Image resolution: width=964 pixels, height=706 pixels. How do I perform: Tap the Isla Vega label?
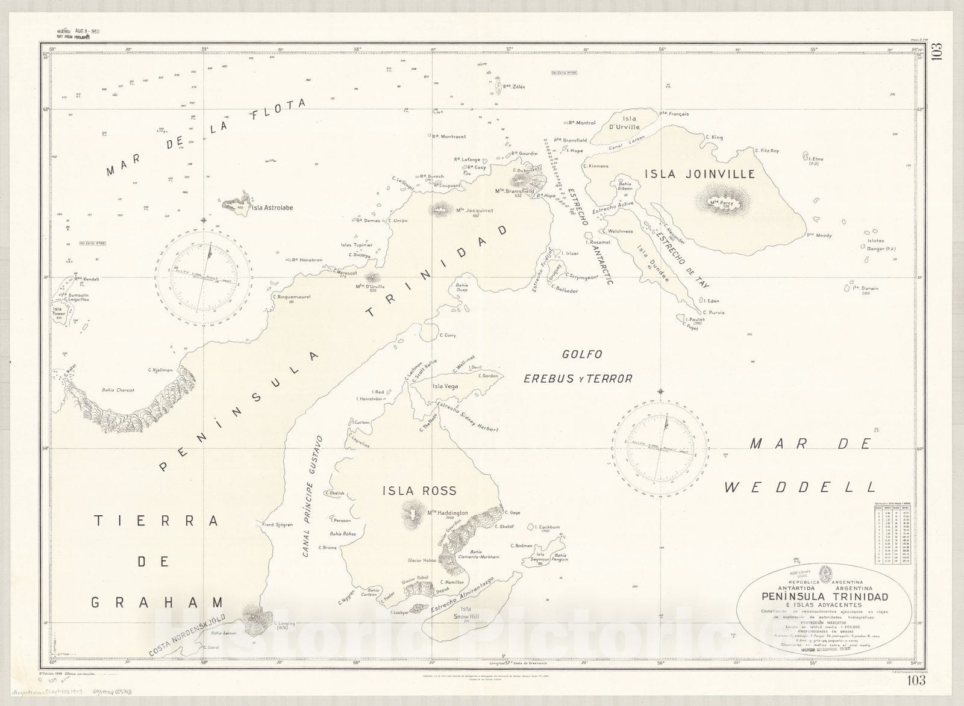[x=445, y=386]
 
